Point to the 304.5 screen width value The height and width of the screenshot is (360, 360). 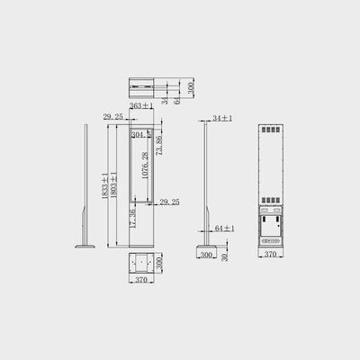[x=140, y=135]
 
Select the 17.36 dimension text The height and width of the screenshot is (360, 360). [x=132, y=219]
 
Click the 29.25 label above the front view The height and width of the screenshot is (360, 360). [x=113, y=117]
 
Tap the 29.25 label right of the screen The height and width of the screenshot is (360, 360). [x=169, y=202]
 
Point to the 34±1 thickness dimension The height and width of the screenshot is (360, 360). [x=223, y=119]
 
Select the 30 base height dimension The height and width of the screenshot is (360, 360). [x=225, y=255]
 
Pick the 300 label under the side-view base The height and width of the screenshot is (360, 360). [x=206, y=256]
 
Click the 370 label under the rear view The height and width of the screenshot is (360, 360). [x=270, y=256]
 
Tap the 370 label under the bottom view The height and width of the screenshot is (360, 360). [x=140, y=282]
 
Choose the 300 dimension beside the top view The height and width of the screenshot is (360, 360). [x=192, y=87]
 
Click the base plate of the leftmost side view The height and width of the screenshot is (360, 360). [x=86, y=244]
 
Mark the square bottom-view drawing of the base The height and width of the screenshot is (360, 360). [x=140, y=265]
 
